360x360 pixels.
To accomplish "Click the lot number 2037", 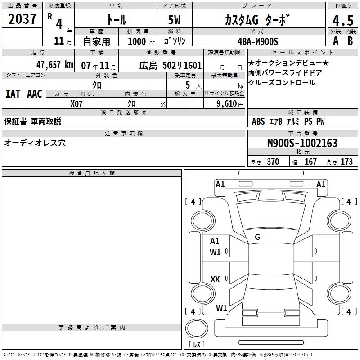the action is [22, 19].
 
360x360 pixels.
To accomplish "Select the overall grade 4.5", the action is [343, 20].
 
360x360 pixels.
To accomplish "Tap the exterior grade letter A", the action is [336, 41].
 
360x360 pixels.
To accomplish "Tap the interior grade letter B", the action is [350, 41].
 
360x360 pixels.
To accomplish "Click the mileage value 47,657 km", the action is [55, 65].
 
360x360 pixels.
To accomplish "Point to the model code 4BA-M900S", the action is [258, 41].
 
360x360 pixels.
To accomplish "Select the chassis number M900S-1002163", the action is [302, 143].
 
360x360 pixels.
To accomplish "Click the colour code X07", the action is [76, 104].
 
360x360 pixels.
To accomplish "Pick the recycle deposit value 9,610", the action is [227, 103].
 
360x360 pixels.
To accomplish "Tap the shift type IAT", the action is [13, 94].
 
